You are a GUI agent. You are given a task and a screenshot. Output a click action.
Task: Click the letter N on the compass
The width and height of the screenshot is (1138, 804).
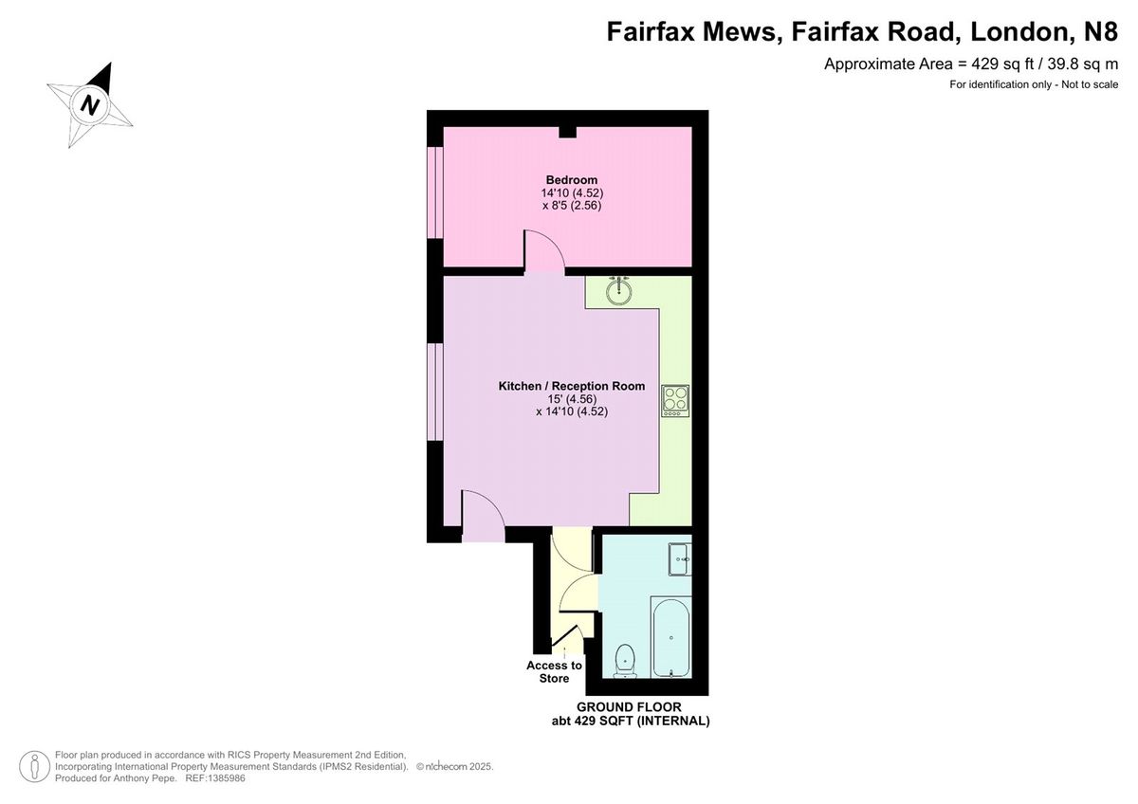pos(90,106)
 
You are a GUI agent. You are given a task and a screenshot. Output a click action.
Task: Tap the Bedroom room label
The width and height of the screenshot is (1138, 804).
pos(572,180)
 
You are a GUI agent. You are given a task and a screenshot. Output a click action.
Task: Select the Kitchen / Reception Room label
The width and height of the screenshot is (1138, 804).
pos(572,386)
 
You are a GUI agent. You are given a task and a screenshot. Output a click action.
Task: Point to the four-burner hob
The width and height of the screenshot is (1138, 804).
pos(675,401)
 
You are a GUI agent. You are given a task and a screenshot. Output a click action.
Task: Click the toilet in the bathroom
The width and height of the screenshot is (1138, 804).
pos(624,661)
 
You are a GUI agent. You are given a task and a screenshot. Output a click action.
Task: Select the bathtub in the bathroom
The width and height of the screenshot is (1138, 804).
pos(671,638)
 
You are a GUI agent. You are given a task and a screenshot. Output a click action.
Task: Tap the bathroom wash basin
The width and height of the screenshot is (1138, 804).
pos(680,559)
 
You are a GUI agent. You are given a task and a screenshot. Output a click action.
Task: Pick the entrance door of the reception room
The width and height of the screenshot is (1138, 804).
pos(483,517)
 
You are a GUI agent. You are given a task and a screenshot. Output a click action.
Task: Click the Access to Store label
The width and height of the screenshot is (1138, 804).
pos(554,672)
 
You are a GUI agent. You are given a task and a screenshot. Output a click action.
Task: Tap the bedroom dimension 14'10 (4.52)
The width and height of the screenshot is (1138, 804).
pos(572,193)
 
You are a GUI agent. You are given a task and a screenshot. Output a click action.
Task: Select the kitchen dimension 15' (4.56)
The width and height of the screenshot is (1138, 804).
pos(572,399)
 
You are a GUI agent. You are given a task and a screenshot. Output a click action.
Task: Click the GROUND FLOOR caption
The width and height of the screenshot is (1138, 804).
pos(629,707)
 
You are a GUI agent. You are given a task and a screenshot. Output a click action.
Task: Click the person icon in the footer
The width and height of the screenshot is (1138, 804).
pos(34,766)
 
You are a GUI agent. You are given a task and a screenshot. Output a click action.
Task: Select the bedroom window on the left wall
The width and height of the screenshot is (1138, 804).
pos(435,192)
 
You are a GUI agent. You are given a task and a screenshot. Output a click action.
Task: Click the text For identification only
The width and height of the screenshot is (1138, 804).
pos(1000,84)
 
